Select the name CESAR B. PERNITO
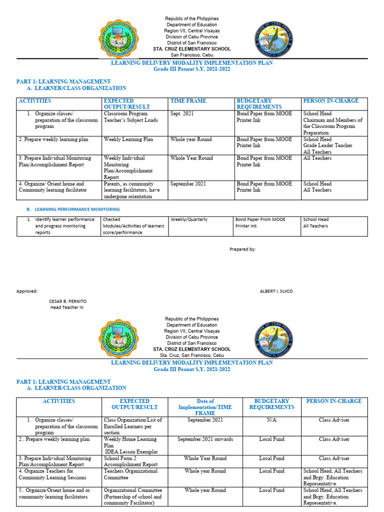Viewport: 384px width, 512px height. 67,301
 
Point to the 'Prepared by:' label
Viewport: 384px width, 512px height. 242,249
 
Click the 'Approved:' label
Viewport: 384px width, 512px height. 26,291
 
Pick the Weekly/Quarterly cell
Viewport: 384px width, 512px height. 188,219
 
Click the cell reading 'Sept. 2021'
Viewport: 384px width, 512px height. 182,114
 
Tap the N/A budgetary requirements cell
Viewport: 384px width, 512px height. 272,420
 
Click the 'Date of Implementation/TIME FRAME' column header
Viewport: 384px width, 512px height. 205,407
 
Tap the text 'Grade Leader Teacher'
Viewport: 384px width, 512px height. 327,145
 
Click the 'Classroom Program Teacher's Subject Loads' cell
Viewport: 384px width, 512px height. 126,117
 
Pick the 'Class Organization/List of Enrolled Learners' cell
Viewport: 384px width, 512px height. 133,426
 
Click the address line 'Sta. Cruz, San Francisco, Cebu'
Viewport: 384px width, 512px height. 192,355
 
